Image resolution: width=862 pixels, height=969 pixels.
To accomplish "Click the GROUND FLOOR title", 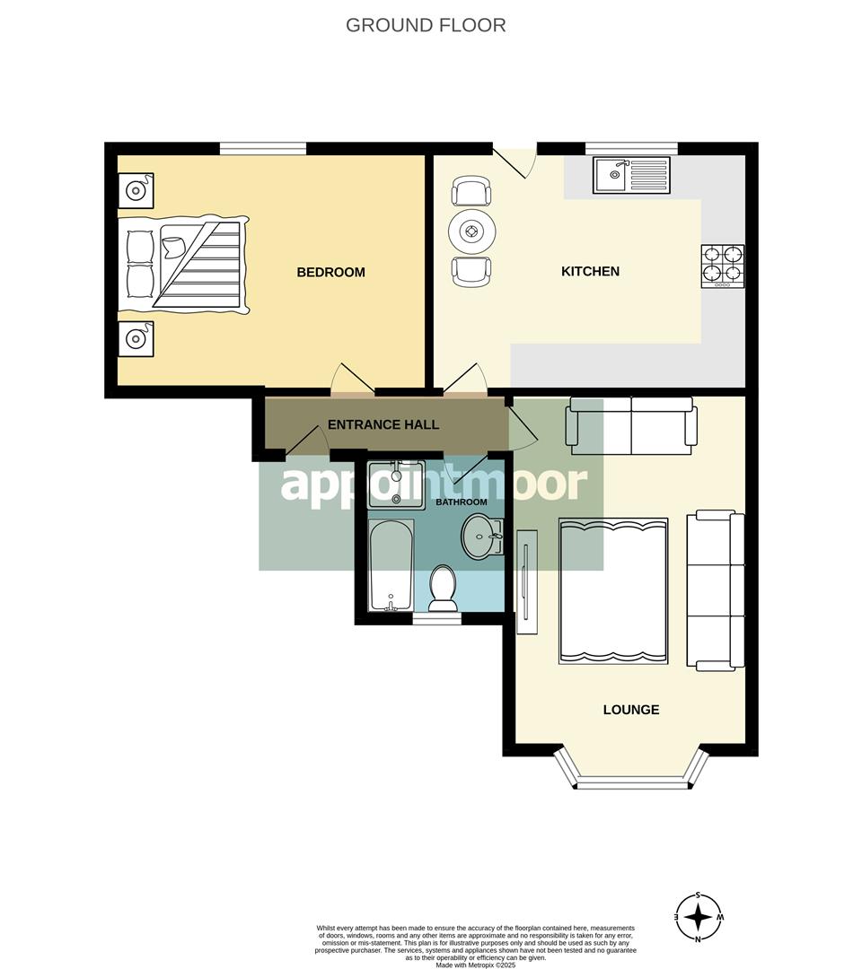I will coord(426,25).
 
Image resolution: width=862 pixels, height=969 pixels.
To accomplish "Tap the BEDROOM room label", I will coord(330,272).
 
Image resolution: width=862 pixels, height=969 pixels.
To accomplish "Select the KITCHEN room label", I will coord(590,271).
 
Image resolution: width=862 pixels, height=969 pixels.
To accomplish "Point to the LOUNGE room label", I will coord(630,710).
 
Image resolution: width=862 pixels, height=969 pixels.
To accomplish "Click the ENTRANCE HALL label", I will coord(383,424).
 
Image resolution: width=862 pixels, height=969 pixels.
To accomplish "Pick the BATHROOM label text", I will coord(462,502).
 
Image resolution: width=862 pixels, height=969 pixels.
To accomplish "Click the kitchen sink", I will coord(631,175).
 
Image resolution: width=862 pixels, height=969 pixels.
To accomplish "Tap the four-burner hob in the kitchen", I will coord(723,266).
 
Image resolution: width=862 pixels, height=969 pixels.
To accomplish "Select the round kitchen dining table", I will coord(472,232).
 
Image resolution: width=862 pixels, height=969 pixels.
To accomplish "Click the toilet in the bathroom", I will coord(444,588).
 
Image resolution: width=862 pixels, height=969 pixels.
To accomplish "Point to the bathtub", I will coord(391,565).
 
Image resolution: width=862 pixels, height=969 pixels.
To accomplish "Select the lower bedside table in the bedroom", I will coord(136,338).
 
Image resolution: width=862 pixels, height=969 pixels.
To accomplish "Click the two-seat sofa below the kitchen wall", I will coord(630,426).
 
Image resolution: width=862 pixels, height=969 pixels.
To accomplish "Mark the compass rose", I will coord(699,918).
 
